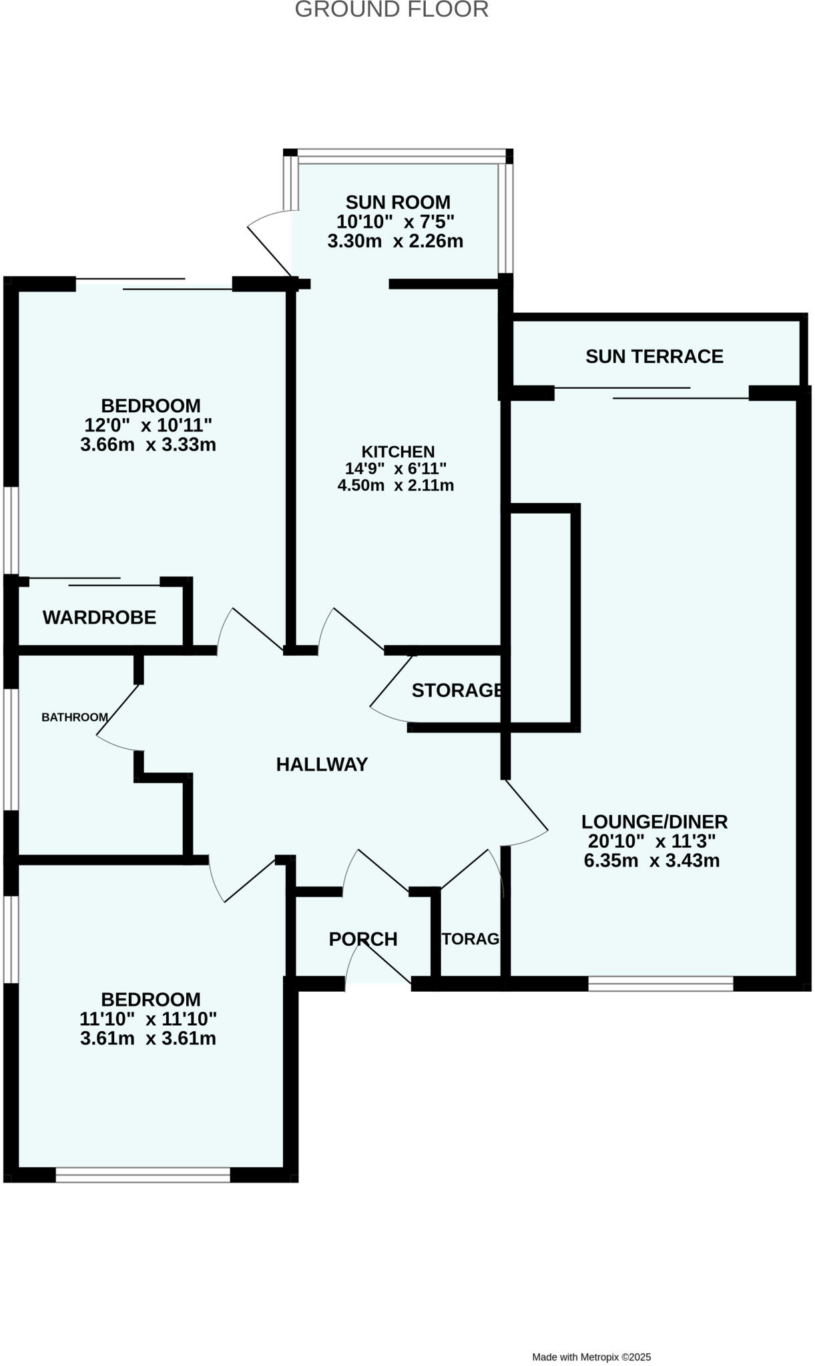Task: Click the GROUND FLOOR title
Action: point(392,10)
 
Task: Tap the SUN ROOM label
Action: point(398,202)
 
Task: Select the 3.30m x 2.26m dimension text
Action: point(395,241)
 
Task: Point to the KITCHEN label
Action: point(398,452)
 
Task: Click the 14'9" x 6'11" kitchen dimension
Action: point(396,469)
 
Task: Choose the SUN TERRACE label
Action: point(654,357)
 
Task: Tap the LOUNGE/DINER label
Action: point(654,822)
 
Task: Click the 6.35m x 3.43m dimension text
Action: point(651,860)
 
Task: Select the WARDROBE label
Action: point(99,618)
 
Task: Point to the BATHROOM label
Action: point(75,718)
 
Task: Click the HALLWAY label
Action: point(322,764)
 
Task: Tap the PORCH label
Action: point(363,939)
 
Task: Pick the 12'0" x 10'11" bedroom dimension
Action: point(148,425)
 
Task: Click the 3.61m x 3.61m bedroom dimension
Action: point(148,1038)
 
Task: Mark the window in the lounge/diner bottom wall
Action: point(660,983)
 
